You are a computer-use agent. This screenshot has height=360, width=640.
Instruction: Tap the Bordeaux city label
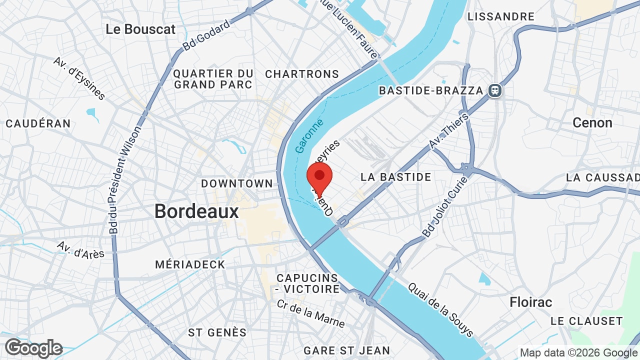click(196, 211)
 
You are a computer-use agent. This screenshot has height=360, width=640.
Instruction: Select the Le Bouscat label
click(140, 29)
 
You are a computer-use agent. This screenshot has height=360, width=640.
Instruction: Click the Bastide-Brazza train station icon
click(495, 90)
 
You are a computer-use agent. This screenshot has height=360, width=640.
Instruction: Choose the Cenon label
click(592, 122)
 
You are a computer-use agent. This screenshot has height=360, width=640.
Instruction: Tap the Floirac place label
click(531, 302)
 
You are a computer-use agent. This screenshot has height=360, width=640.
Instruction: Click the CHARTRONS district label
click(302, 74)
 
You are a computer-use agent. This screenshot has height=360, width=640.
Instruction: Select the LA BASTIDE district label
click(395, 177)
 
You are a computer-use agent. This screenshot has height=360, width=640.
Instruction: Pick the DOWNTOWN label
click(237, 183)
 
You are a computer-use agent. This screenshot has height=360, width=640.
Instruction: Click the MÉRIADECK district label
click(190, 264)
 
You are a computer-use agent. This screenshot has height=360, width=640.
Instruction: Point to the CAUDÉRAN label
click(38, 123)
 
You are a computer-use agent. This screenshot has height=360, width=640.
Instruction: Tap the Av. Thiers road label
click(449, 131)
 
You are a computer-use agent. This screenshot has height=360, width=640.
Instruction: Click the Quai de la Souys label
click(440, 309)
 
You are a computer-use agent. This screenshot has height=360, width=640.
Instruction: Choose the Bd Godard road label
click(206, 35)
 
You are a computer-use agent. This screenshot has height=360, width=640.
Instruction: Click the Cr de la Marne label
click(310, 313)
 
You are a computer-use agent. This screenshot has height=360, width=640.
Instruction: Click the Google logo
click(34, 348)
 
